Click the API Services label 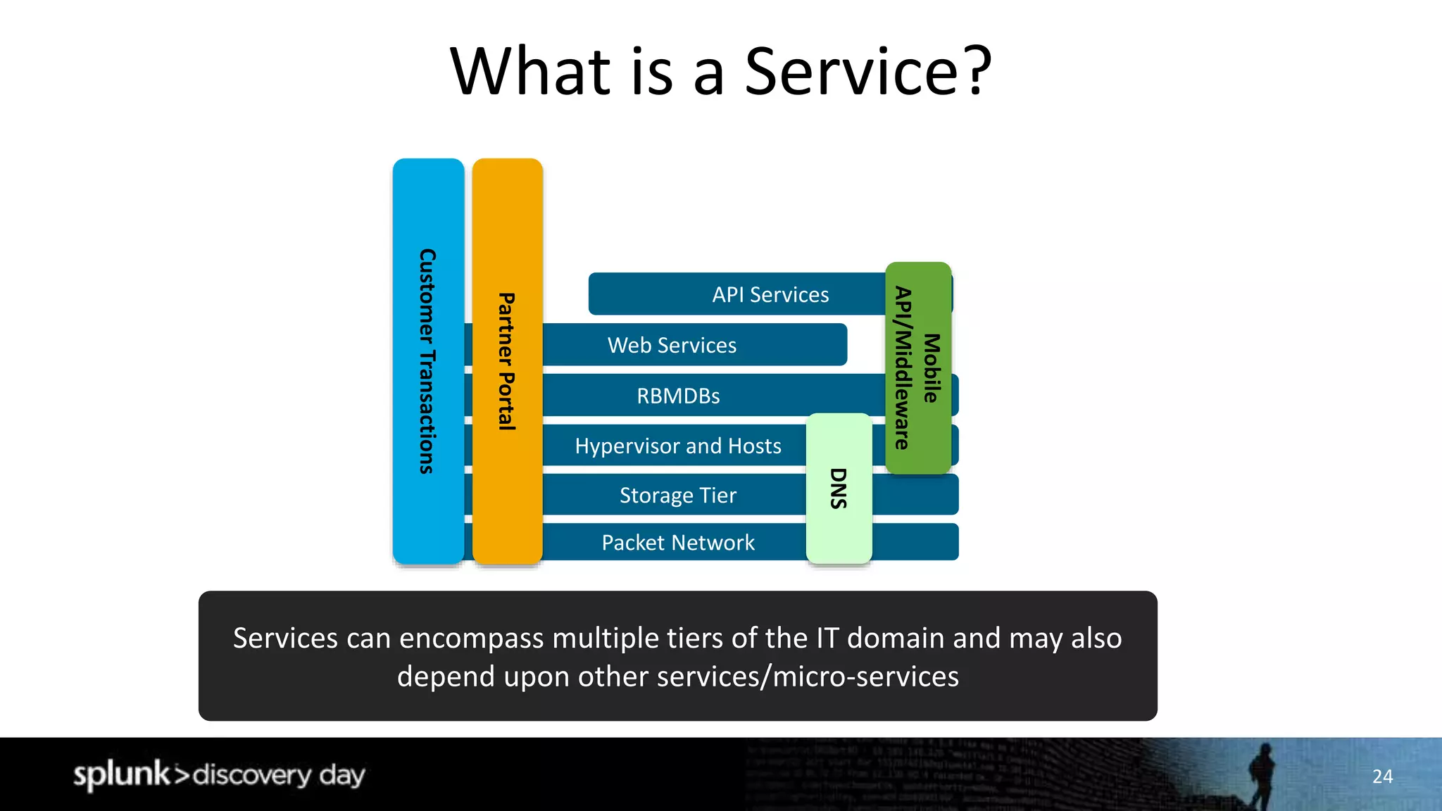[770, 294]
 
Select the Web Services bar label [672, 345]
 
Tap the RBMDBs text [678, 396]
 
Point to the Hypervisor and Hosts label [677, 446]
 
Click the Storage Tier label [677, 496]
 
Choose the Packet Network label [677, 543]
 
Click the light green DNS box [839, 488]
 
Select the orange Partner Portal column [507, 360]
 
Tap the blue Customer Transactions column [428, 360]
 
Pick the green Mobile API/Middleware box [917, 367]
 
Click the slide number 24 [1382, 777]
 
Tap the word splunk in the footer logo [121, 774]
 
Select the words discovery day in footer [279, 775]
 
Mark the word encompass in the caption [472, 639]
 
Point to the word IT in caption [827, 639]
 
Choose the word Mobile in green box [932, 367]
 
